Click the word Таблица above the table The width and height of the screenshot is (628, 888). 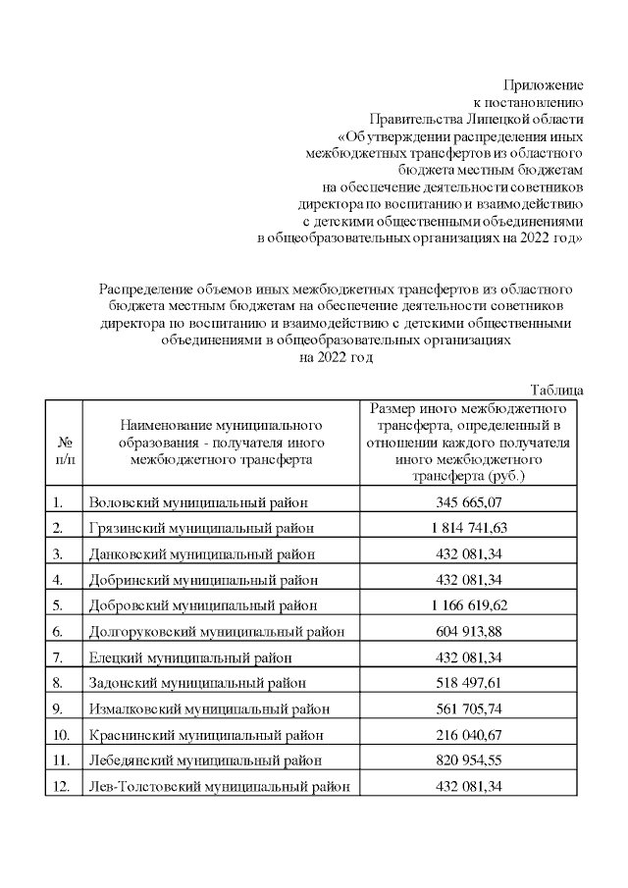click(556, 390)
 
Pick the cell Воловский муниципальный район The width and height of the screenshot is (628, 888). click(198, 503)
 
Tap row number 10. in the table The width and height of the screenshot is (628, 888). click(61, 734)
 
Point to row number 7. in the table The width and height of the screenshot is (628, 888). click(59, 656)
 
